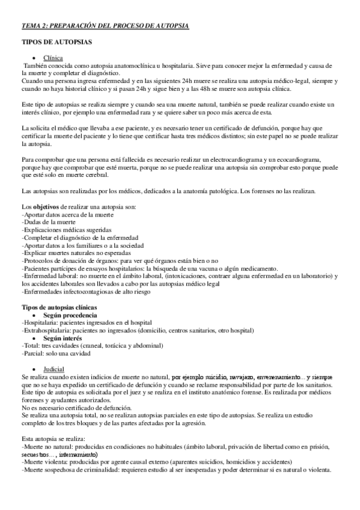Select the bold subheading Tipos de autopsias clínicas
tap(59, 307)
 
